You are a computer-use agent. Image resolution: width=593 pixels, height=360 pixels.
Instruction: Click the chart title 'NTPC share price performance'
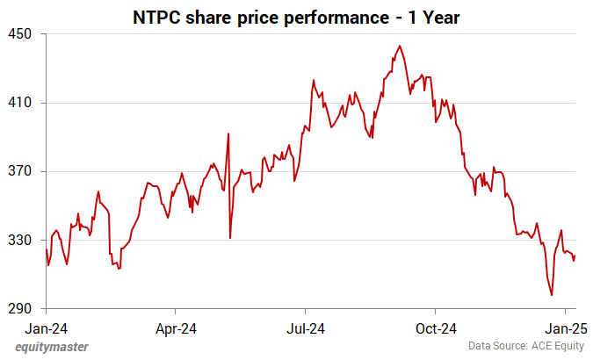point(295,17)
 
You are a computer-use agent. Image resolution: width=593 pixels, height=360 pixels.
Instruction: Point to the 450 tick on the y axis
point(20,34)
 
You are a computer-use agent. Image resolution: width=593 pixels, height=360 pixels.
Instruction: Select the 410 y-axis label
point(20,103)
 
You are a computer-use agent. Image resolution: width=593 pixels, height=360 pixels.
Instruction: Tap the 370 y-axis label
point(20,171)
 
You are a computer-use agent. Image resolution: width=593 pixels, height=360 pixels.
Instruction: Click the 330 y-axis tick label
point(20,240)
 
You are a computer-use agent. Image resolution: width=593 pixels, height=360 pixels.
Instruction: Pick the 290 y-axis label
point(20,309)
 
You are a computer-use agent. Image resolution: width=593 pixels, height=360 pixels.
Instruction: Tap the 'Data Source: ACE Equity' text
point(524,347)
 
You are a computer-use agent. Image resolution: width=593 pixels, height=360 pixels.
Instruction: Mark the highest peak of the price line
point(400,46)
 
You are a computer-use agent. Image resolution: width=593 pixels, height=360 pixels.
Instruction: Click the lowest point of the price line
point(552,295)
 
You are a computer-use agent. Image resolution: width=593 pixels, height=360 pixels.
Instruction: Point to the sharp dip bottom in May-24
point(230,238)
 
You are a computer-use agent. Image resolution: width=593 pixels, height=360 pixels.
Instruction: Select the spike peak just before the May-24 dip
point(228,133)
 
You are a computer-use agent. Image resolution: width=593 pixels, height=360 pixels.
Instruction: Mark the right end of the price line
point(575,256)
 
